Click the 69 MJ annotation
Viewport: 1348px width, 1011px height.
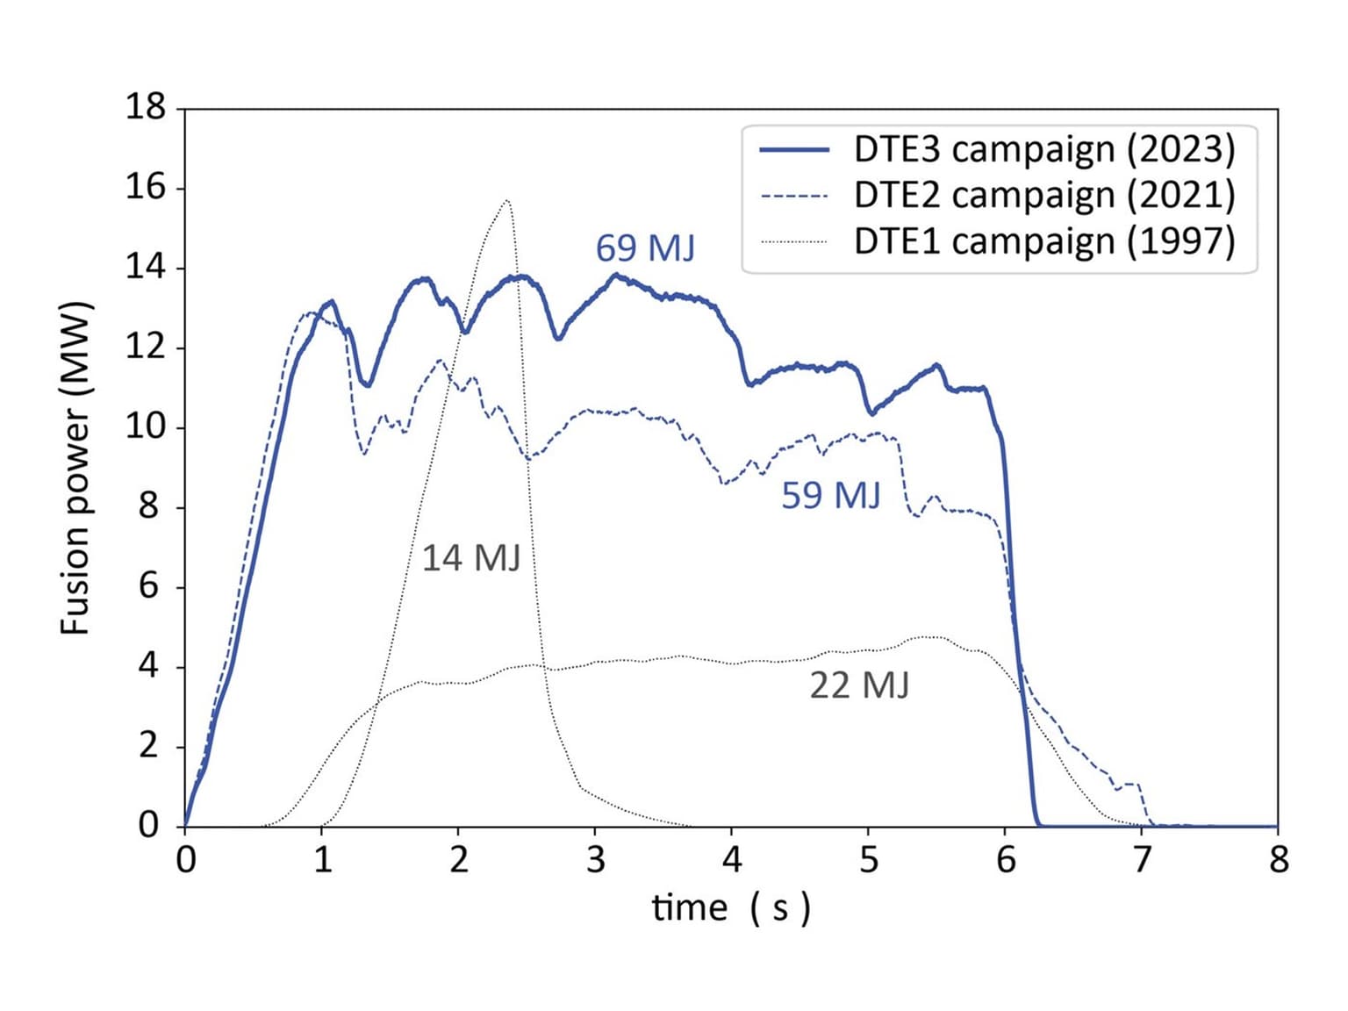(x=645, y=248)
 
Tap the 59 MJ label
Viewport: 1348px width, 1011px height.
(x=830, y=496)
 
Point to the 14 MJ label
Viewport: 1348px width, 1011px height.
(x=471, y=558)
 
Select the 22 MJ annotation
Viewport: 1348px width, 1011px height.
(x=859, y=685)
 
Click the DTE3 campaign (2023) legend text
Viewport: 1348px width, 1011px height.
(x=1044, y=149)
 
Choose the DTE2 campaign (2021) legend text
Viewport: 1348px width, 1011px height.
(x=1044, y=195)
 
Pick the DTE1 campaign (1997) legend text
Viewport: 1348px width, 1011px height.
(x=1044, y=240)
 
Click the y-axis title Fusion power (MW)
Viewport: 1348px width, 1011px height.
(x=76, y=468)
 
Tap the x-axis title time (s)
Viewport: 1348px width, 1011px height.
(x=731, y=907)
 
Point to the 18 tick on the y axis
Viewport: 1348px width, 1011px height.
(x=145, y=108)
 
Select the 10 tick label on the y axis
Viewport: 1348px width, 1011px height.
(x=145, y=427)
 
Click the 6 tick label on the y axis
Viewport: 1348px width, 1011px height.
(x=149, y=586)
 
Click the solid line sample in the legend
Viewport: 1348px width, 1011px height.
(x=794, y=150)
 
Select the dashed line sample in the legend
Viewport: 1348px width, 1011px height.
(x=794, y=196)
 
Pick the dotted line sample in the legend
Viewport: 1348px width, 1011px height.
(x=794, y=241)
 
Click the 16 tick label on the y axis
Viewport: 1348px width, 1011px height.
(x=145, y=188)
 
